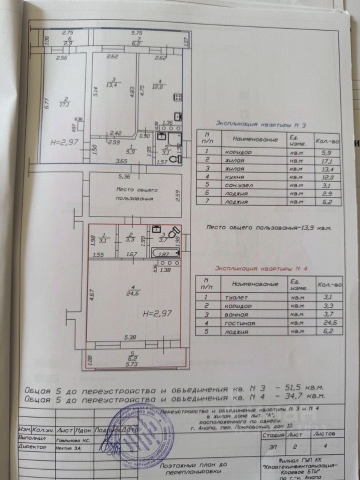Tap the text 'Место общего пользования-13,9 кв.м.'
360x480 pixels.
click(269, 227)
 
